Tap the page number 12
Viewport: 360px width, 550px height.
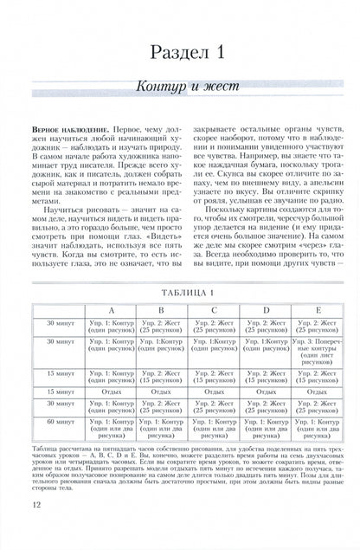tap(35, 528)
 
